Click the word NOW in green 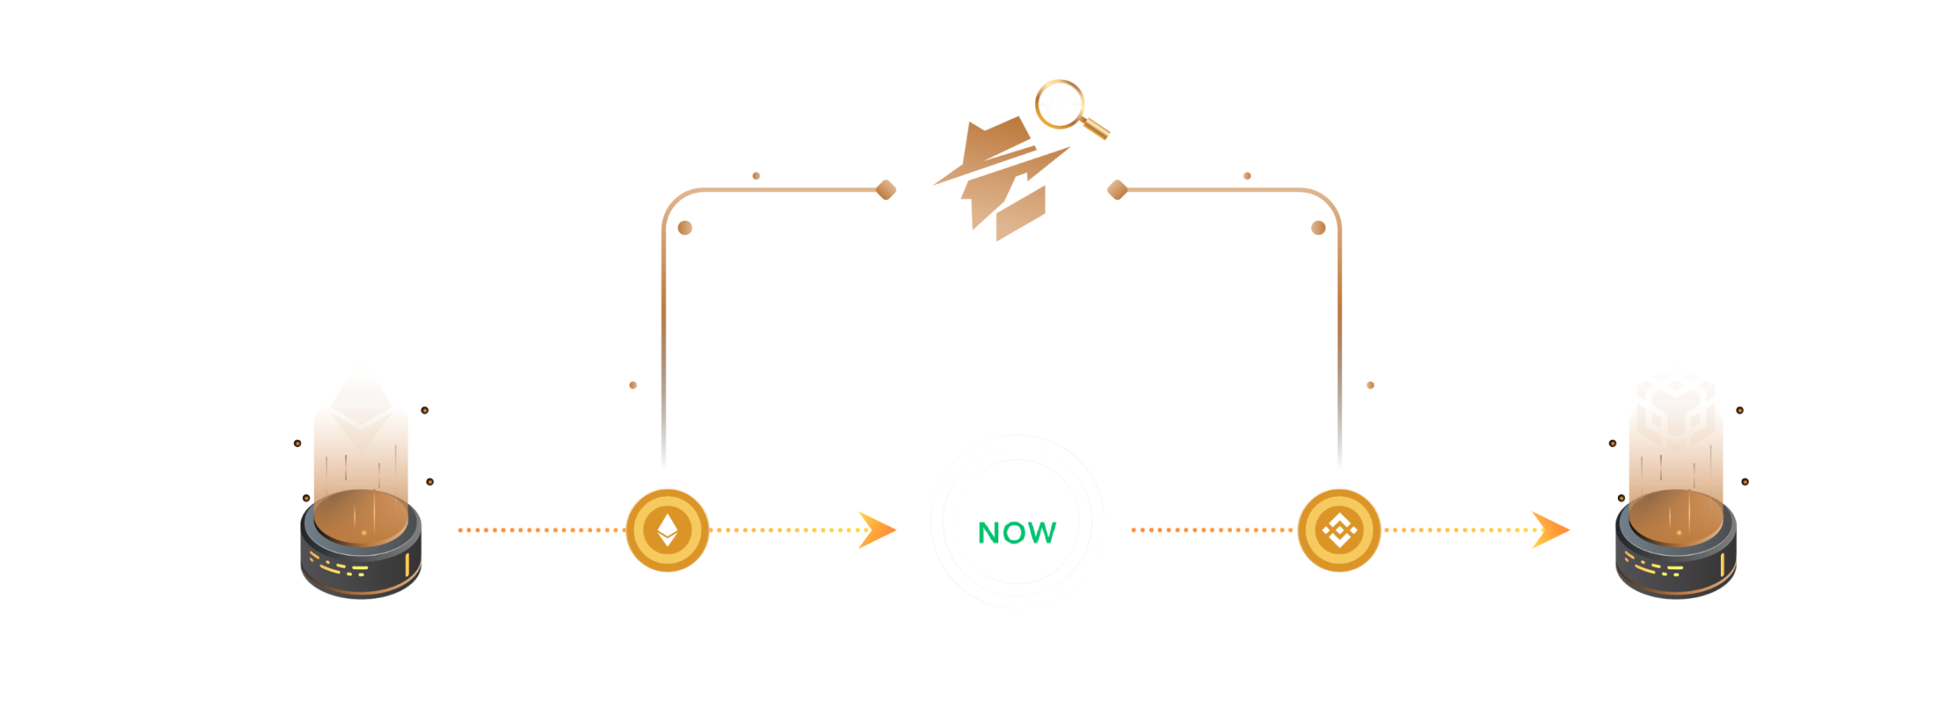point(1016,534)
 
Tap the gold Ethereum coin point(666,529)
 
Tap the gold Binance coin point(1339,529)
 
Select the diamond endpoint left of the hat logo point(886,189)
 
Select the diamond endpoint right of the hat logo point(1117,189)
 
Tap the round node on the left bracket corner point(685,228)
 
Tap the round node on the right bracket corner point(1319,228)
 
